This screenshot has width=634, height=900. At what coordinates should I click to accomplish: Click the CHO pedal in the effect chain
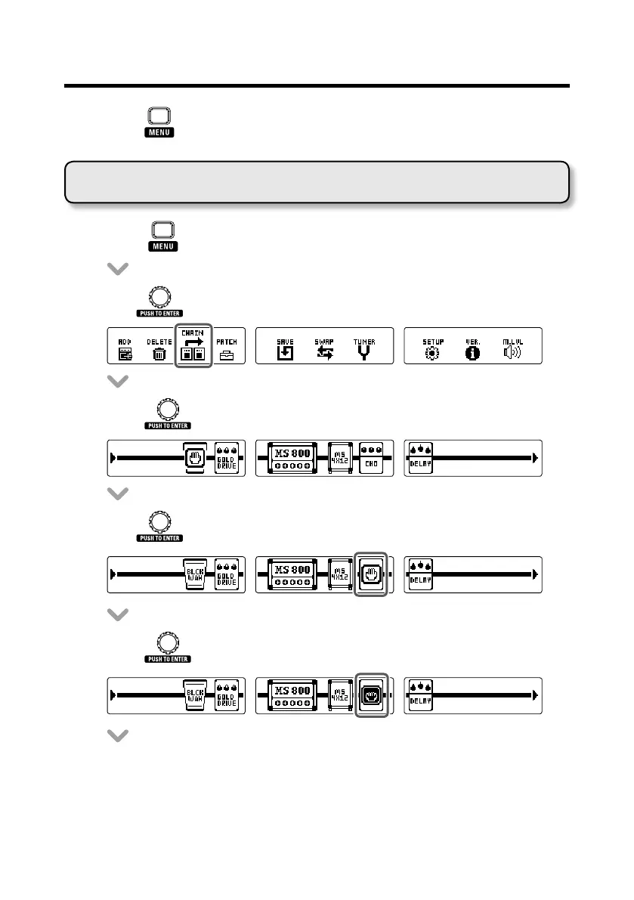pos(371,458)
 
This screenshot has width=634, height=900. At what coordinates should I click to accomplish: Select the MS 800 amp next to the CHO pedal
pos(292,458)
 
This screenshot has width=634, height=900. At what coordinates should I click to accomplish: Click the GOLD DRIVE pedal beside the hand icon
pos(227,458)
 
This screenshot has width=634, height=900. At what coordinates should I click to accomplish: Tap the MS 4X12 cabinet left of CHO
pos(340,458)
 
